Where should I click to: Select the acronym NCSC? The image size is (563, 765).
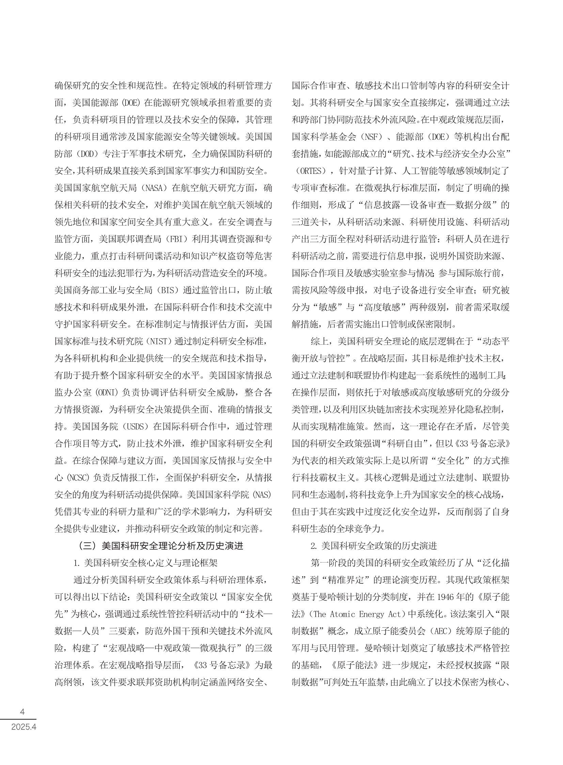[x=77, y=478]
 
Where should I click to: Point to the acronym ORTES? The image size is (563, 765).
[x=310, y=171]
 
